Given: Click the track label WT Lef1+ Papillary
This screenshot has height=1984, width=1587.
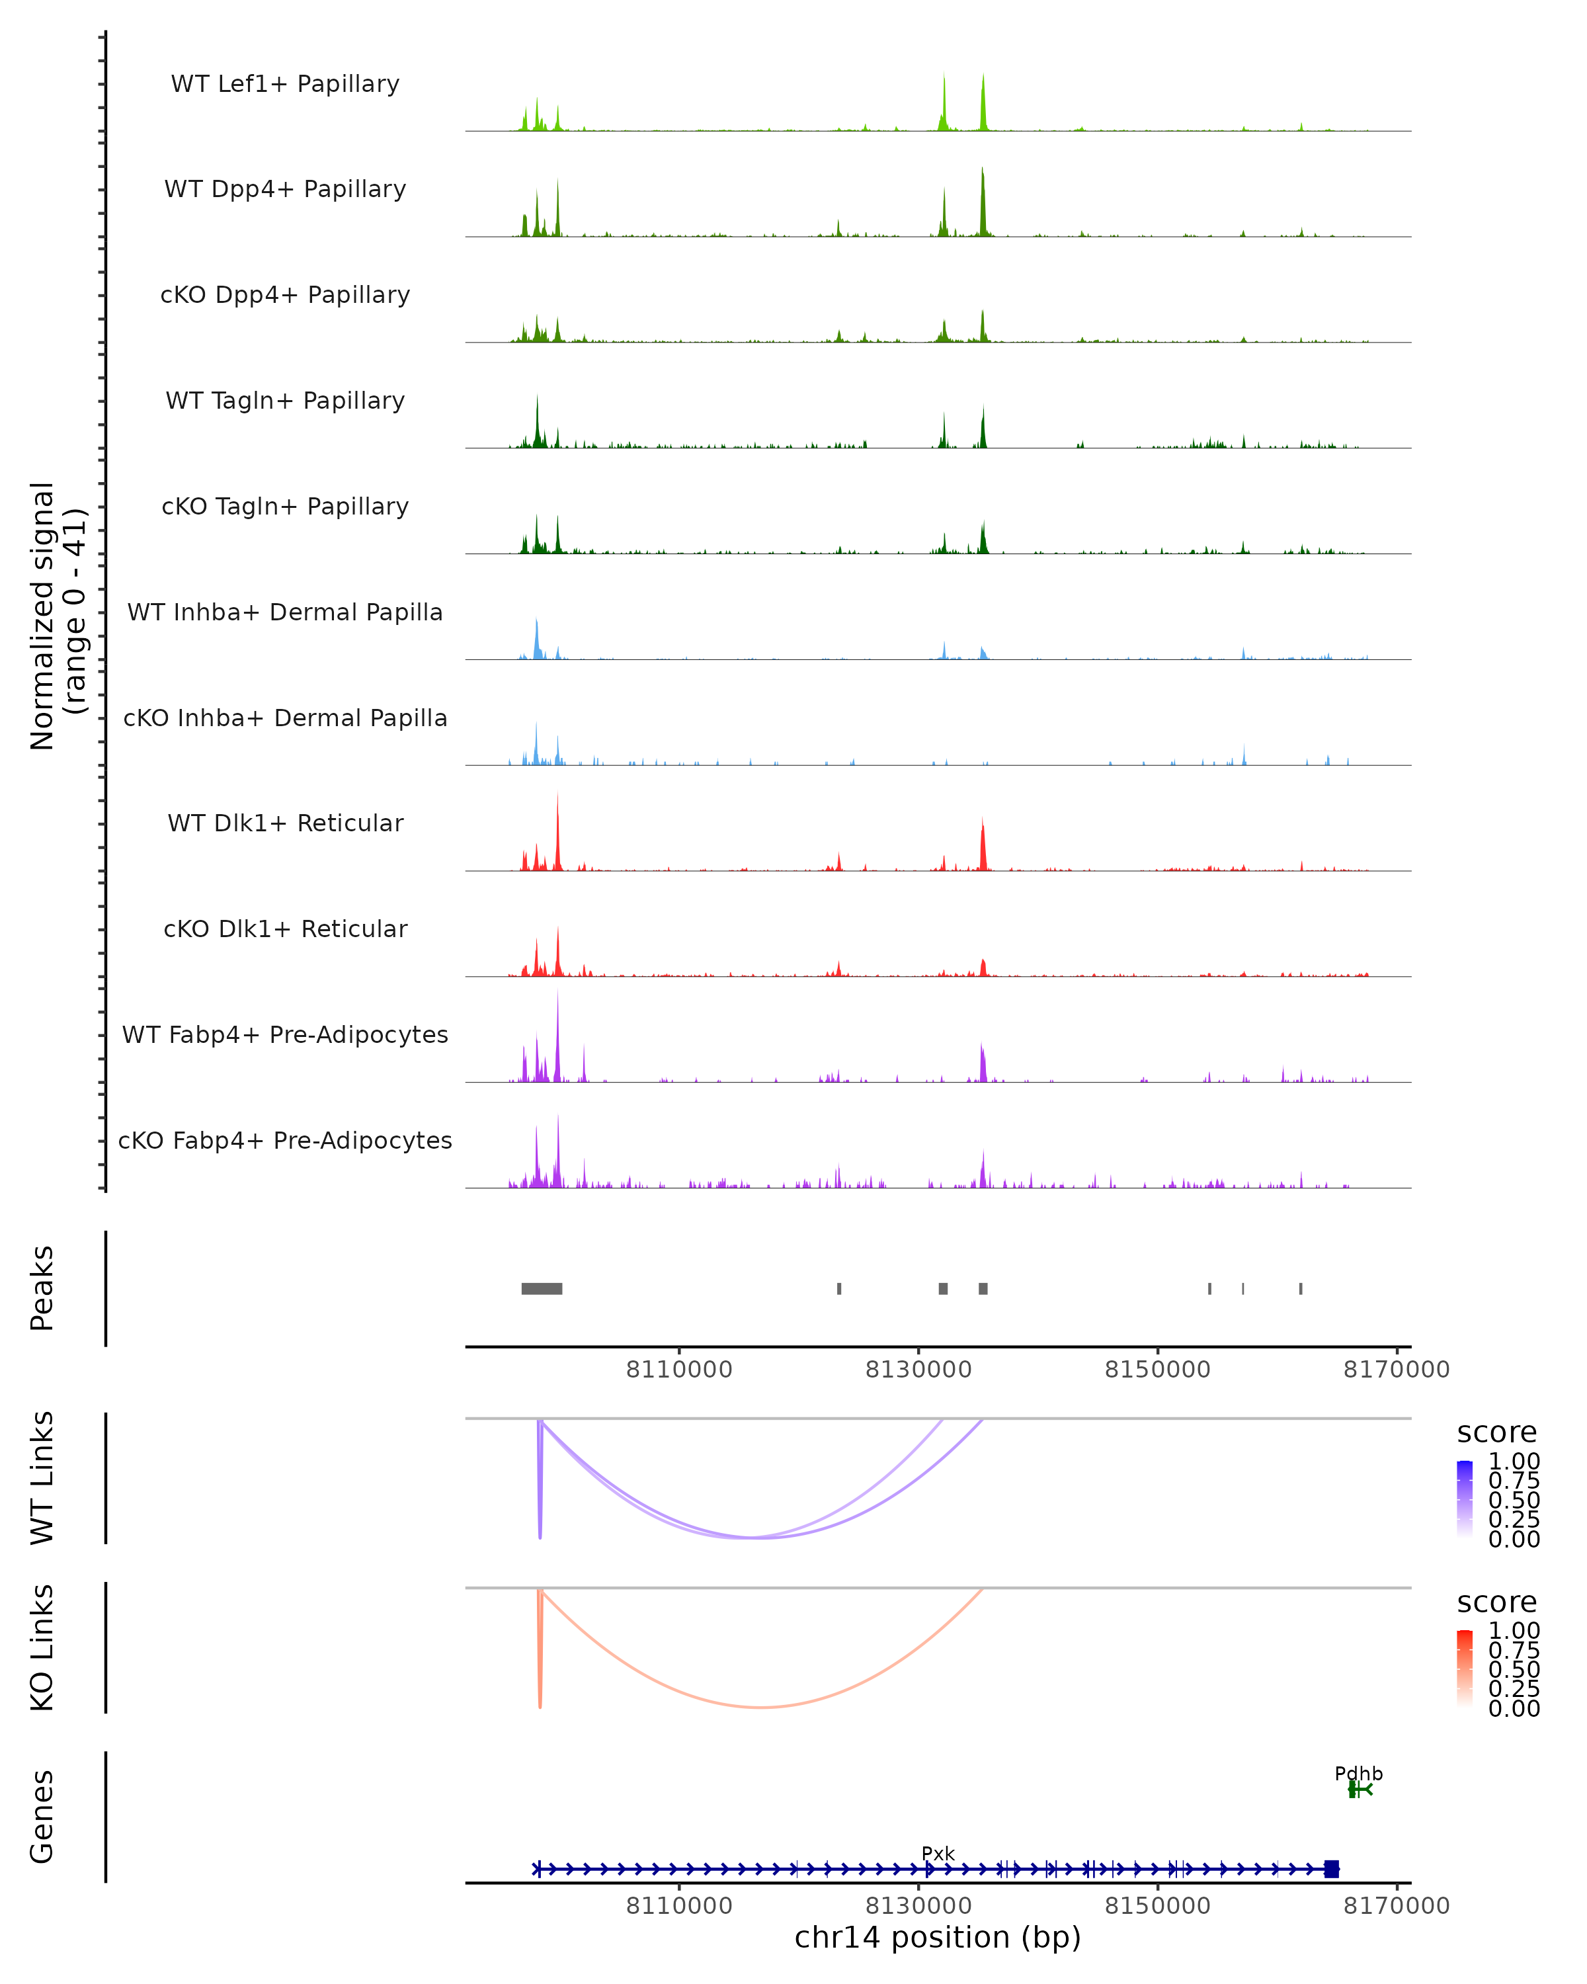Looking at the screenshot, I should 285,84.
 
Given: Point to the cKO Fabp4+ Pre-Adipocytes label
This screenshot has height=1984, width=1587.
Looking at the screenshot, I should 285,1140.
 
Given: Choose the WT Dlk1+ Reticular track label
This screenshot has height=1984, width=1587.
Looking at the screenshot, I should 285,823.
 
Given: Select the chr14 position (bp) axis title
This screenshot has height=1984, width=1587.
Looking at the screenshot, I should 938,1937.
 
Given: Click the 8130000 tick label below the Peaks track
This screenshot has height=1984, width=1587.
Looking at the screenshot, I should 918,1370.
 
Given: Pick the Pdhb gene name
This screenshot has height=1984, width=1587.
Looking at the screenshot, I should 1358,1773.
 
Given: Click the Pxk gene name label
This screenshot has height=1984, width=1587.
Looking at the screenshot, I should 938,1853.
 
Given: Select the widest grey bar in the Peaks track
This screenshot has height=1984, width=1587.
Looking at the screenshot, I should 542,1288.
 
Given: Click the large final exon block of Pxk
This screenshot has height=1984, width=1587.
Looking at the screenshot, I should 1331,1868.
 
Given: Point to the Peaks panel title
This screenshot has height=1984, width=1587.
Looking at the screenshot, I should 42,1288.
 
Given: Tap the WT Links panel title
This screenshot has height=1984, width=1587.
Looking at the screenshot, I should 42,1478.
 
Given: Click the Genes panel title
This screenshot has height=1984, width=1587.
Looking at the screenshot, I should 42,1817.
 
